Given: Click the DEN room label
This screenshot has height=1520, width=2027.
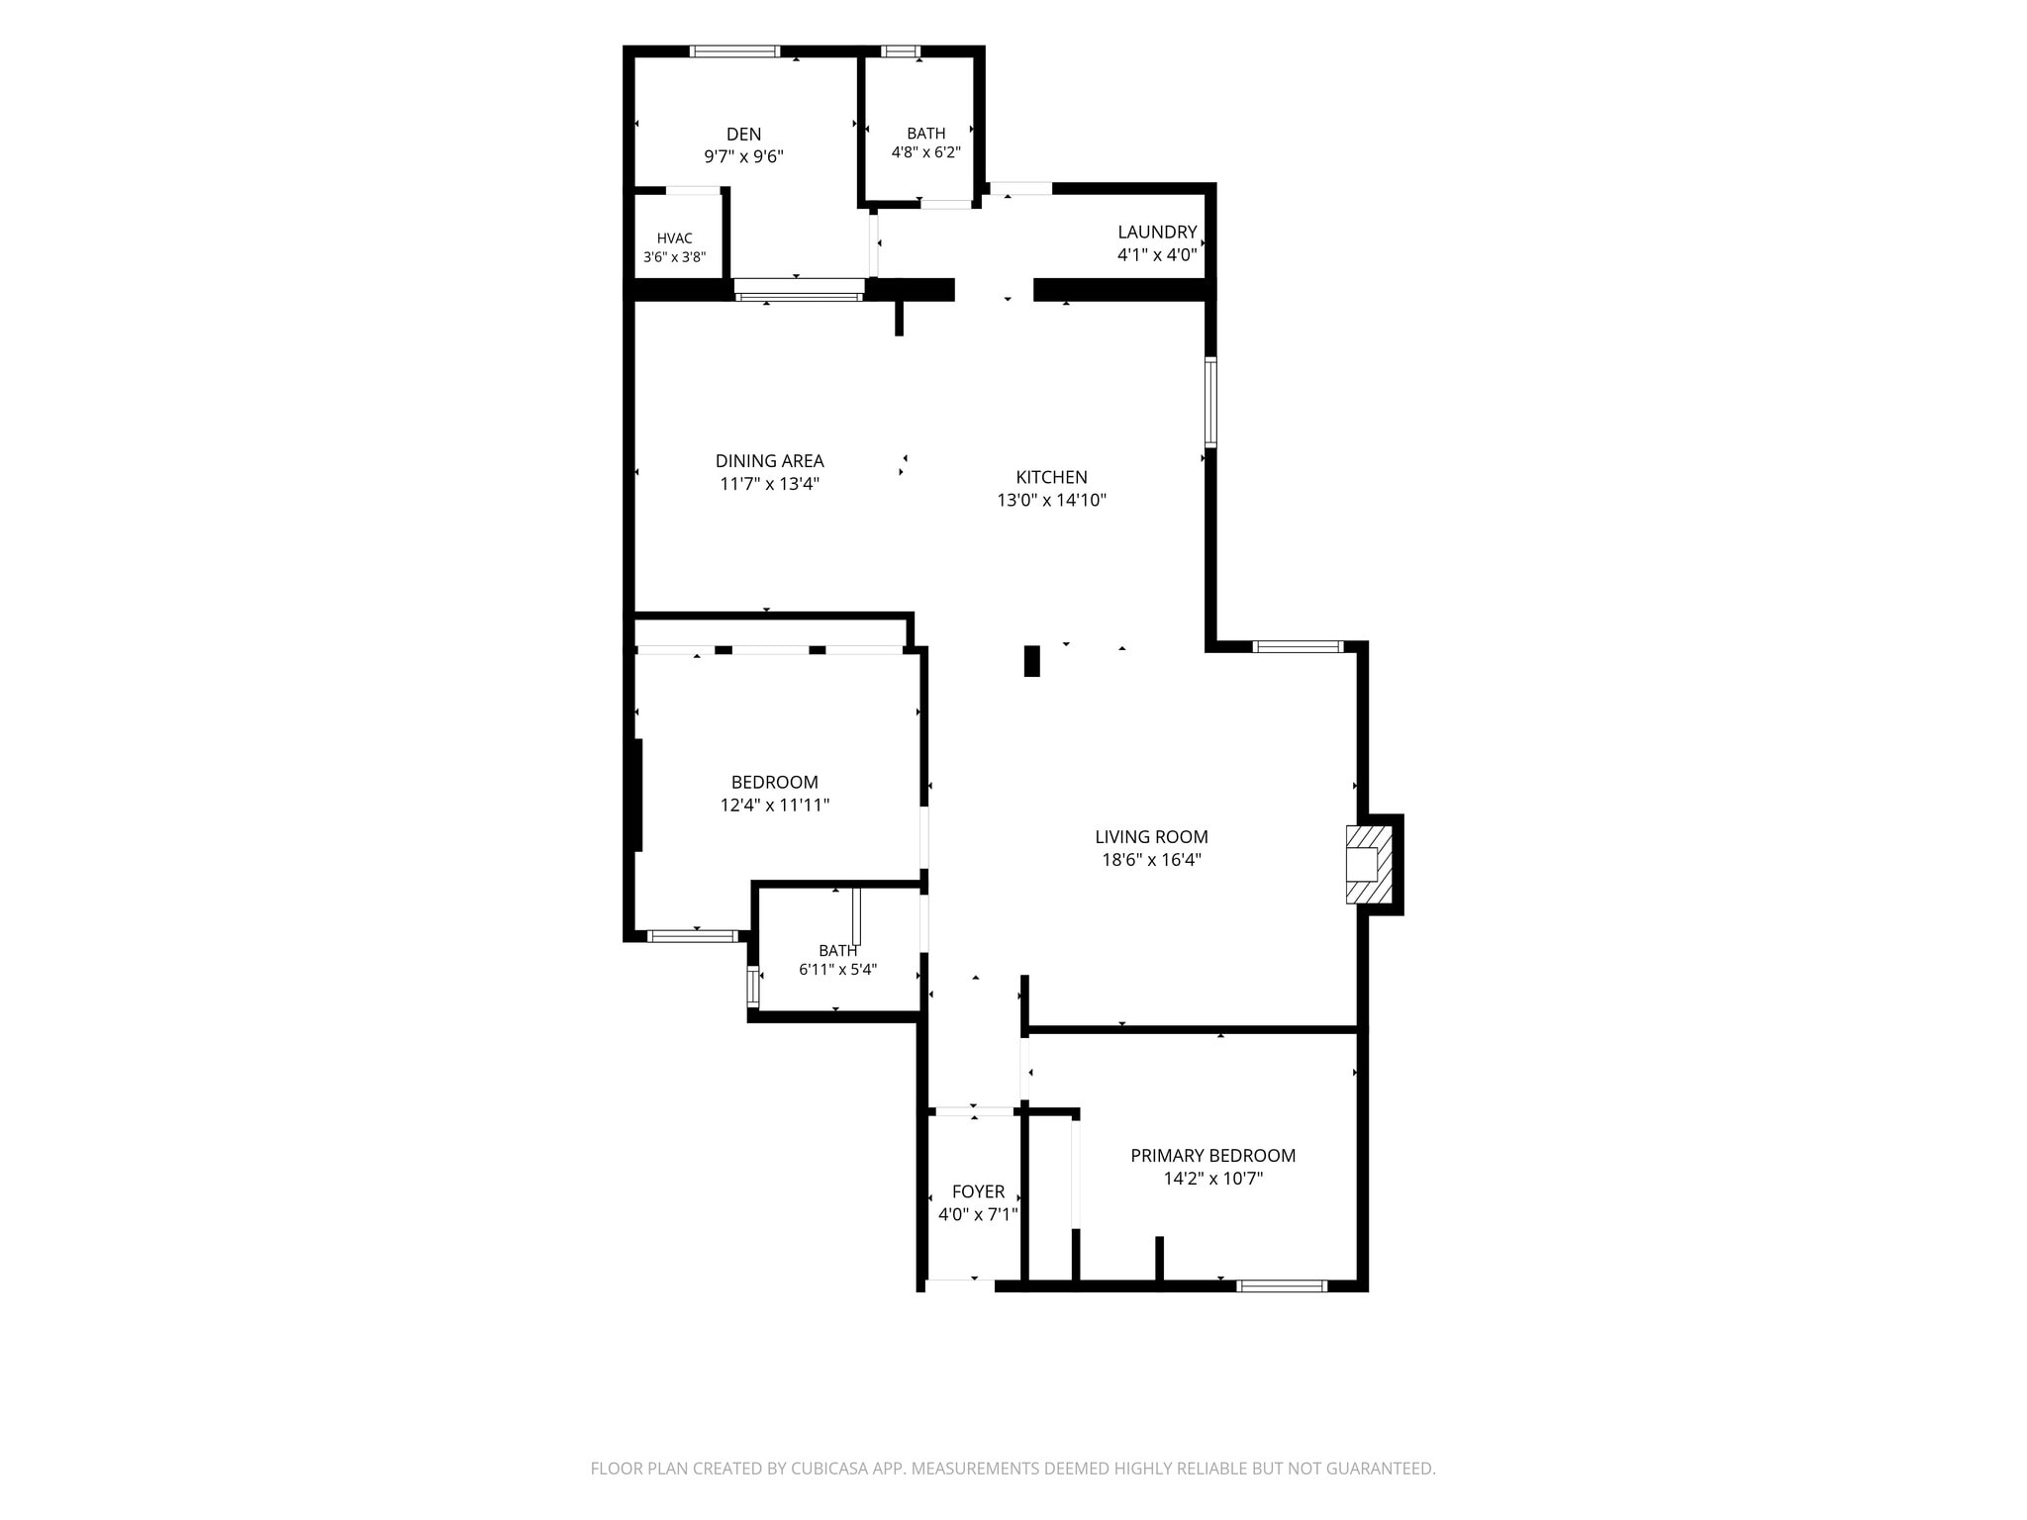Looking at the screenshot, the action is tap(743, 135).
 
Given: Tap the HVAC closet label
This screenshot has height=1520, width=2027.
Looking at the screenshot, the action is tap(674, 238).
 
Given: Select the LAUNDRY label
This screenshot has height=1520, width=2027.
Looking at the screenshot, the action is tap(1157, 233).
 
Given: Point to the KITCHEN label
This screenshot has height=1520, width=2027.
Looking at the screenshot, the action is tap(1051, 477).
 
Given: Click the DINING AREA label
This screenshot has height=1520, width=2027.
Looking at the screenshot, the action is tap(769, 461).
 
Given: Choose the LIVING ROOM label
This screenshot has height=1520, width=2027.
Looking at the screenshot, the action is tap(1151, 837).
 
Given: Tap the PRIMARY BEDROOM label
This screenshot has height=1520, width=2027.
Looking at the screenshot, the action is tap(1212, 1156).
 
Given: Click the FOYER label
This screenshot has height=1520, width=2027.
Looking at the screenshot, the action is tap(978, 1192).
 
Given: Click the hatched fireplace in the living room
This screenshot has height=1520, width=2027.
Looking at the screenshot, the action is tap(1369, 864).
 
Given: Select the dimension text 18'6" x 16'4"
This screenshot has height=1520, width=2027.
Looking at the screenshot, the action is tap(1151, 860).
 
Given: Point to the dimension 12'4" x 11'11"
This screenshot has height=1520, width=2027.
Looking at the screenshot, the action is tap(774, 806).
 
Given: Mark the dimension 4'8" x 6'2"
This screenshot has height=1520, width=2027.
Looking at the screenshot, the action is tap(925, 152).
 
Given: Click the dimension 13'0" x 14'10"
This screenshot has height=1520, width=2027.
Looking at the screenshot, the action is tap(1051, 501).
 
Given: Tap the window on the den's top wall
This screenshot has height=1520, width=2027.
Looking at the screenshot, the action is tap(734, 51).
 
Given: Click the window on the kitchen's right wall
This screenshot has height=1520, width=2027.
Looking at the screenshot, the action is tap(1210, 402).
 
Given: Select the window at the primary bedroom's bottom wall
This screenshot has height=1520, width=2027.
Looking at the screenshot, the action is tap(1282, 1286).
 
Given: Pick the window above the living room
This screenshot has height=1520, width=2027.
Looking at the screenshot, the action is tap(1298, 647).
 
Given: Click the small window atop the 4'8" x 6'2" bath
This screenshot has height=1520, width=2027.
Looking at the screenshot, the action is tap(900, 51).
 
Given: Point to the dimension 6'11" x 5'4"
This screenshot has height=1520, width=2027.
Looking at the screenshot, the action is tap(837, 970).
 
